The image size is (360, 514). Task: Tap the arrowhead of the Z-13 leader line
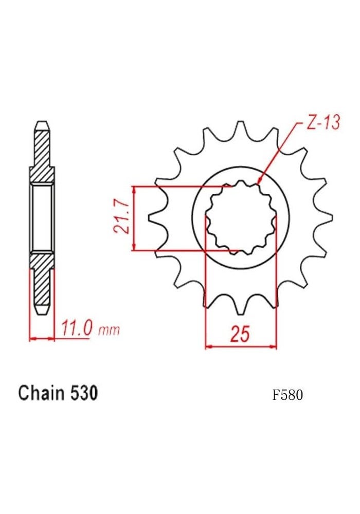coord(259,181)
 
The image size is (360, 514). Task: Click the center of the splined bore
coord(241,218)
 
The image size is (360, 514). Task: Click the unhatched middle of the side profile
coord(42,218)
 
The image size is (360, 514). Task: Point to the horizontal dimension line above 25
coord(241,347)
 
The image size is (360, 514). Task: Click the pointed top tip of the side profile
coord(42,123)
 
